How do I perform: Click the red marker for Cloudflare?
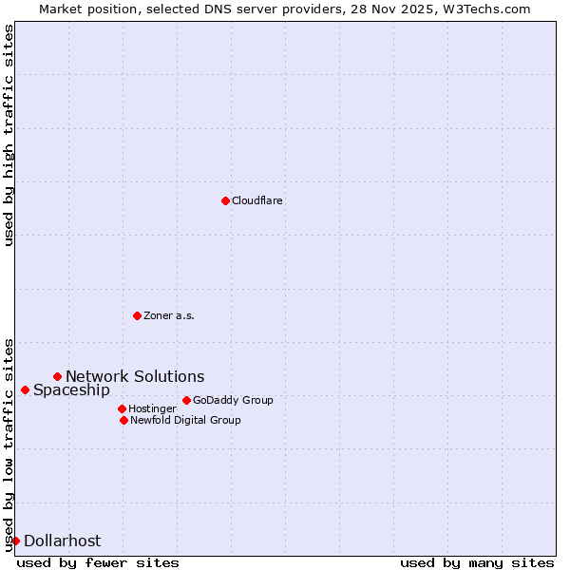[225, 200]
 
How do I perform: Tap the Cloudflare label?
[257, 200]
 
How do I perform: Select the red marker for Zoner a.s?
[137, 315]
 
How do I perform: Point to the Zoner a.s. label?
[169, 315]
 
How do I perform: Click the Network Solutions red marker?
[57, 376]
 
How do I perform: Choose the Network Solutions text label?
[135, 376]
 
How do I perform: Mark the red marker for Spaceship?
[25, 389]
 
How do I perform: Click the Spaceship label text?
[71, 389]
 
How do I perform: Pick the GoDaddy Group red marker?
[186, 400]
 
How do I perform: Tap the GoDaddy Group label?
[233, 400]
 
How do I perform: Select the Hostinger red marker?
[122, 408]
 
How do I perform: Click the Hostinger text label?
[152, 408]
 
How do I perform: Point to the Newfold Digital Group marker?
[123, 420]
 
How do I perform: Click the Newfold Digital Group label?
[185, 420]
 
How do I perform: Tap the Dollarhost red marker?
[15, 541]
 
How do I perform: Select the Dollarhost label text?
[62, 541]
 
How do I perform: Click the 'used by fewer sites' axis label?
[98, 562]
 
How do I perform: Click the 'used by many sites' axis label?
[477, 562]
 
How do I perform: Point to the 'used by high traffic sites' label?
[9, 135]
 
